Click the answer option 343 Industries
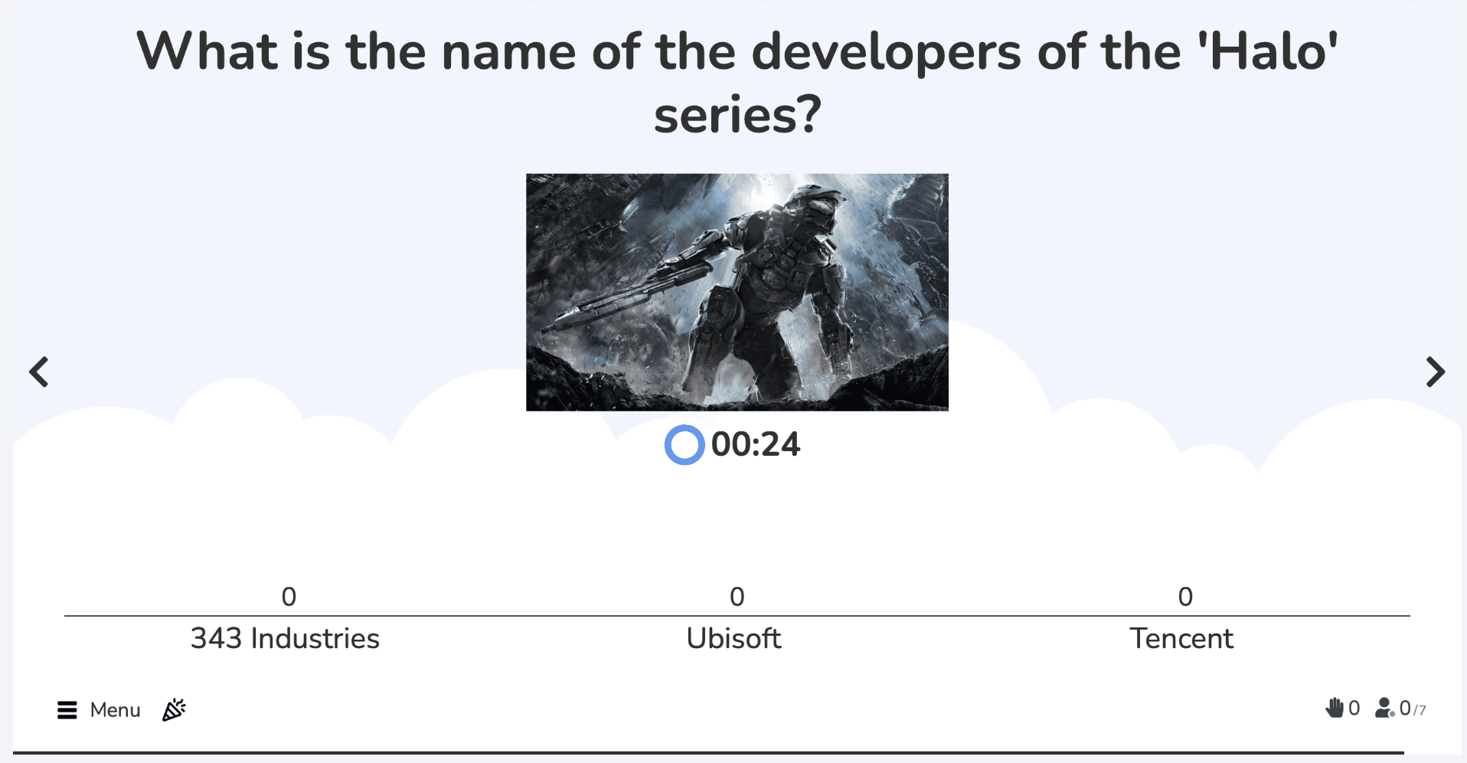285,638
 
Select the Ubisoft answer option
733,638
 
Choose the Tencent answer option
1181,638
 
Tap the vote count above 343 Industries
289,597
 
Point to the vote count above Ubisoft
737,597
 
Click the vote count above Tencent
1185,597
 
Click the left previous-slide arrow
39,372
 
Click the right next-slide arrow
1435,372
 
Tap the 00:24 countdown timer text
756,444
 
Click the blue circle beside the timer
684,445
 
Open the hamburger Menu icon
67,710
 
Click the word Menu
116,710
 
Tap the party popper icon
174,709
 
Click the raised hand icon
1335,708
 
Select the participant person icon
1384,708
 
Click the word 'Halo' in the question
1267,51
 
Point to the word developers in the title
886,51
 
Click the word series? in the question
737,114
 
